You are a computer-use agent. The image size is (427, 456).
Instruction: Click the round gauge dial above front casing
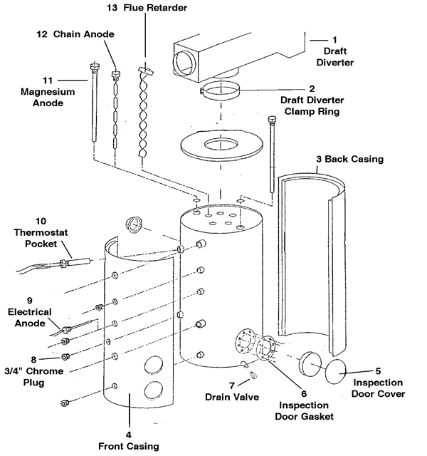(x=133, y=225)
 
